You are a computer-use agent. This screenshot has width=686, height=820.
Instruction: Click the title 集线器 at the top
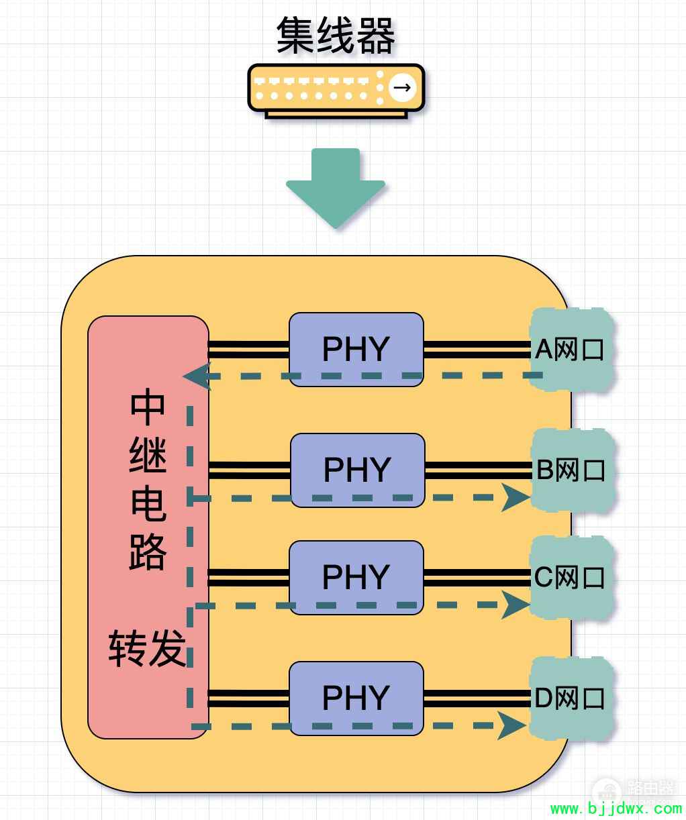tap(336, 36)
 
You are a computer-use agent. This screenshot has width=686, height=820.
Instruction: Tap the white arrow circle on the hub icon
tap(402, 87)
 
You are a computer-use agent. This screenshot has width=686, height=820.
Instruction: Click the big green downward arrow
tap(336, 188)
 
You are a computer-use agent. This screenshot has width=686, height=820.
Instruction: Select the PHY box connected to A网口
tap(356, 349)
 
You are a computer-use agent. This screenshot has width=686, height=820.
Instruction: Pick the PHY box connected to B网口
tap(357, 470)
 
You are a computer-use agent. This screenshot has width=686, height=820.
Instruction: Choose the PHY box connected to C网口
tap(356, 577)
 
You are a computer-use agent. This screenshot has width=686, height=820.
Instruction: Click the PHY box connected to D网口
tap(356, 699)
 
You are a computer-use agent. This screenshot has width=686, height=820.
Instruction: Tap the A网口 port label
tap(569, 349)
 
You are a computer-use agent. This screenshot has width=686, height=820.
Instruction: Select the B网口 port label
tap(571, 470)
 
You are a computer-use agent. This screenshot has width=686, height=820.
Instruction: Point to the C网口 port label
tap(569, 577)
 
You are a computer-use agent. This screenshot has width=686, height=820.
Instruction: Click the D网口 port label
tap(569, 699)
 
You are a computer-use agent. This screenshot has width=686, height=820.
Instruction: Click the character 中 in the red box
tap(148, 407)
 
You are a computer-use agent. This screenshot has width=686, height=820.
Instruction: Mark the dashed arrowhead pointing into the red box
tap(196, 376)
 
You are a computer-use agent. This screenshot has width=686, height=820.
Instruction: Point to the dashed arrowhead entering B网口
tap(516, 498)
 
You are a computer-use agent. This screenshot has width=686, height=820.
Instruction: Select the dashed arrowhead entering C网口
tap(516, 605)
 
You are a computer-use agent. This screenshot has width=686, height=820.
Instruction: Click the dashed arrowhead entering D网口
tap(511, 726)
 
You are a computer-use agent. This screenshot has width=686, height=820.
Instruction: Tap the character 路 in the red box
tap(148, 552)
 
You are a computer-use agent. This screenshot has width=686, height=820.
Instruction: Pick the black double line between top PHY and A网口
tap(477, 350)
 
